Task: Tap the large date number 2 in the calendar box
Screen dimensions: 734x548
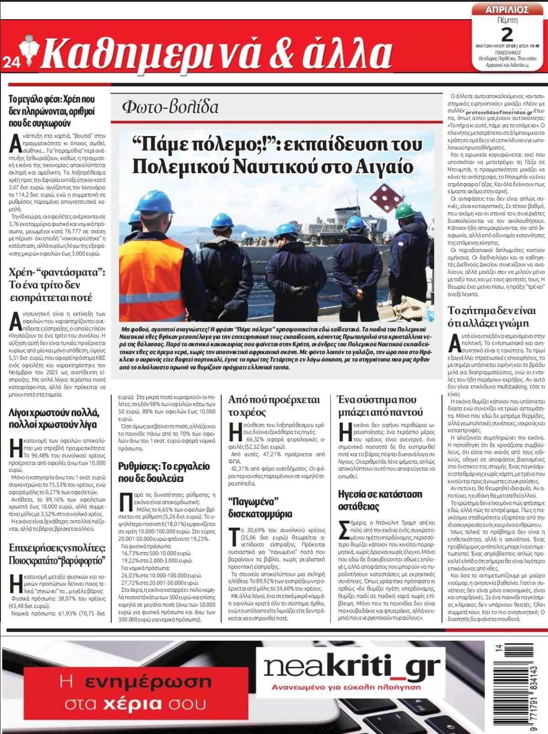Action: click(x=506, y=34)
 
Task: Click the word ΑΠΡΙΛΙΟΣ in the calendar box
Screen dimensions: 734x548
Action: click(x=506, y=10)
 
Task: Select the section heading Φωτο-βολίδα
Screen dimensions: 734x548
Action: click(x=170, y=107)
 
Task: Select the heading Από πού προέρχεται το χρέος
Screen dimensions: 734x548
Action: click(x=274, y=406)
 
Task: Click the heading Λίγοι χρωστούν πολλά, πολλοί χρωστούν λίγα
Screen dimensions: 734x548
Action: click(x=54, y=418)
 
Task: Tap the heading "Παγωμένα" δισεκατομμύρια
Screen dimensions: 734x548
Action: click(x=260, y=507)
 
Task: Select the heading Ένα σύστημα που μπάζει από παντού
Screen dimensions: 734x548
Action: click(x=380, y=406)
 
